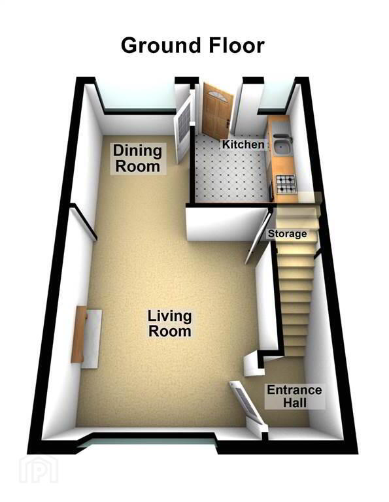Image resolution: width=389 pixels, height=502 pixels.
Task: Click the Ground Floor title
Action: pyautogui.click(x=193, y=46)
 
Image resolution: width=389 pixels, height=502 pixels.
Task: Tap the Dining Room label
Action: pyautogui.click(x=138, y=158)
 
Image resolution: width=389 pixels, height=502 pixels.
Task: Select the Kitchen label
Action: pyautogui.click(x=243, y=144)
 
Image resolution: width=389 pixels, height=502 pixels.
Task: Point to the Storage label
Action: pyautogui.click(x=287, y=234)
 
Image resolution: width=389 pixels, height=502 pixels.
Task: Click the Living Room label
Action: pyautogui.click(x=170, y=324)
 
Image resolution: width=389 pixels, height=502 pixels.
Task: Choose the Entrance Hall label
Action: pyautogui.click(x=295, y=396)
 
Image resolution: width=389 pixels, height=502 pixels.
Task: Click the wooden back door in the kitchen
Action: pyautogui.click(x=216, y=110)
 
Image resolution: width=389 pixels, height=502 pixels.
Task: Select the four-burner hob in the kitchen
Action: pyautogui.click(x=286, y=185)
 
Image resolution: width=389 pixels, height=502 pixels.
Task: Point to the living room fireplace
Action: pyautogui.click(x=87, y=337)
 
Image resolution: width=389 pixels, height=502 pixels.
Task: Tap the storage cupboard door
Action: pyautogui.click(x=258, y=237)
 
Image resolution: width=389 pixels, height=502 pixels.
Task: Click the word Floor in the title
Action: pyautogui.click(x=237, y=46)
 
